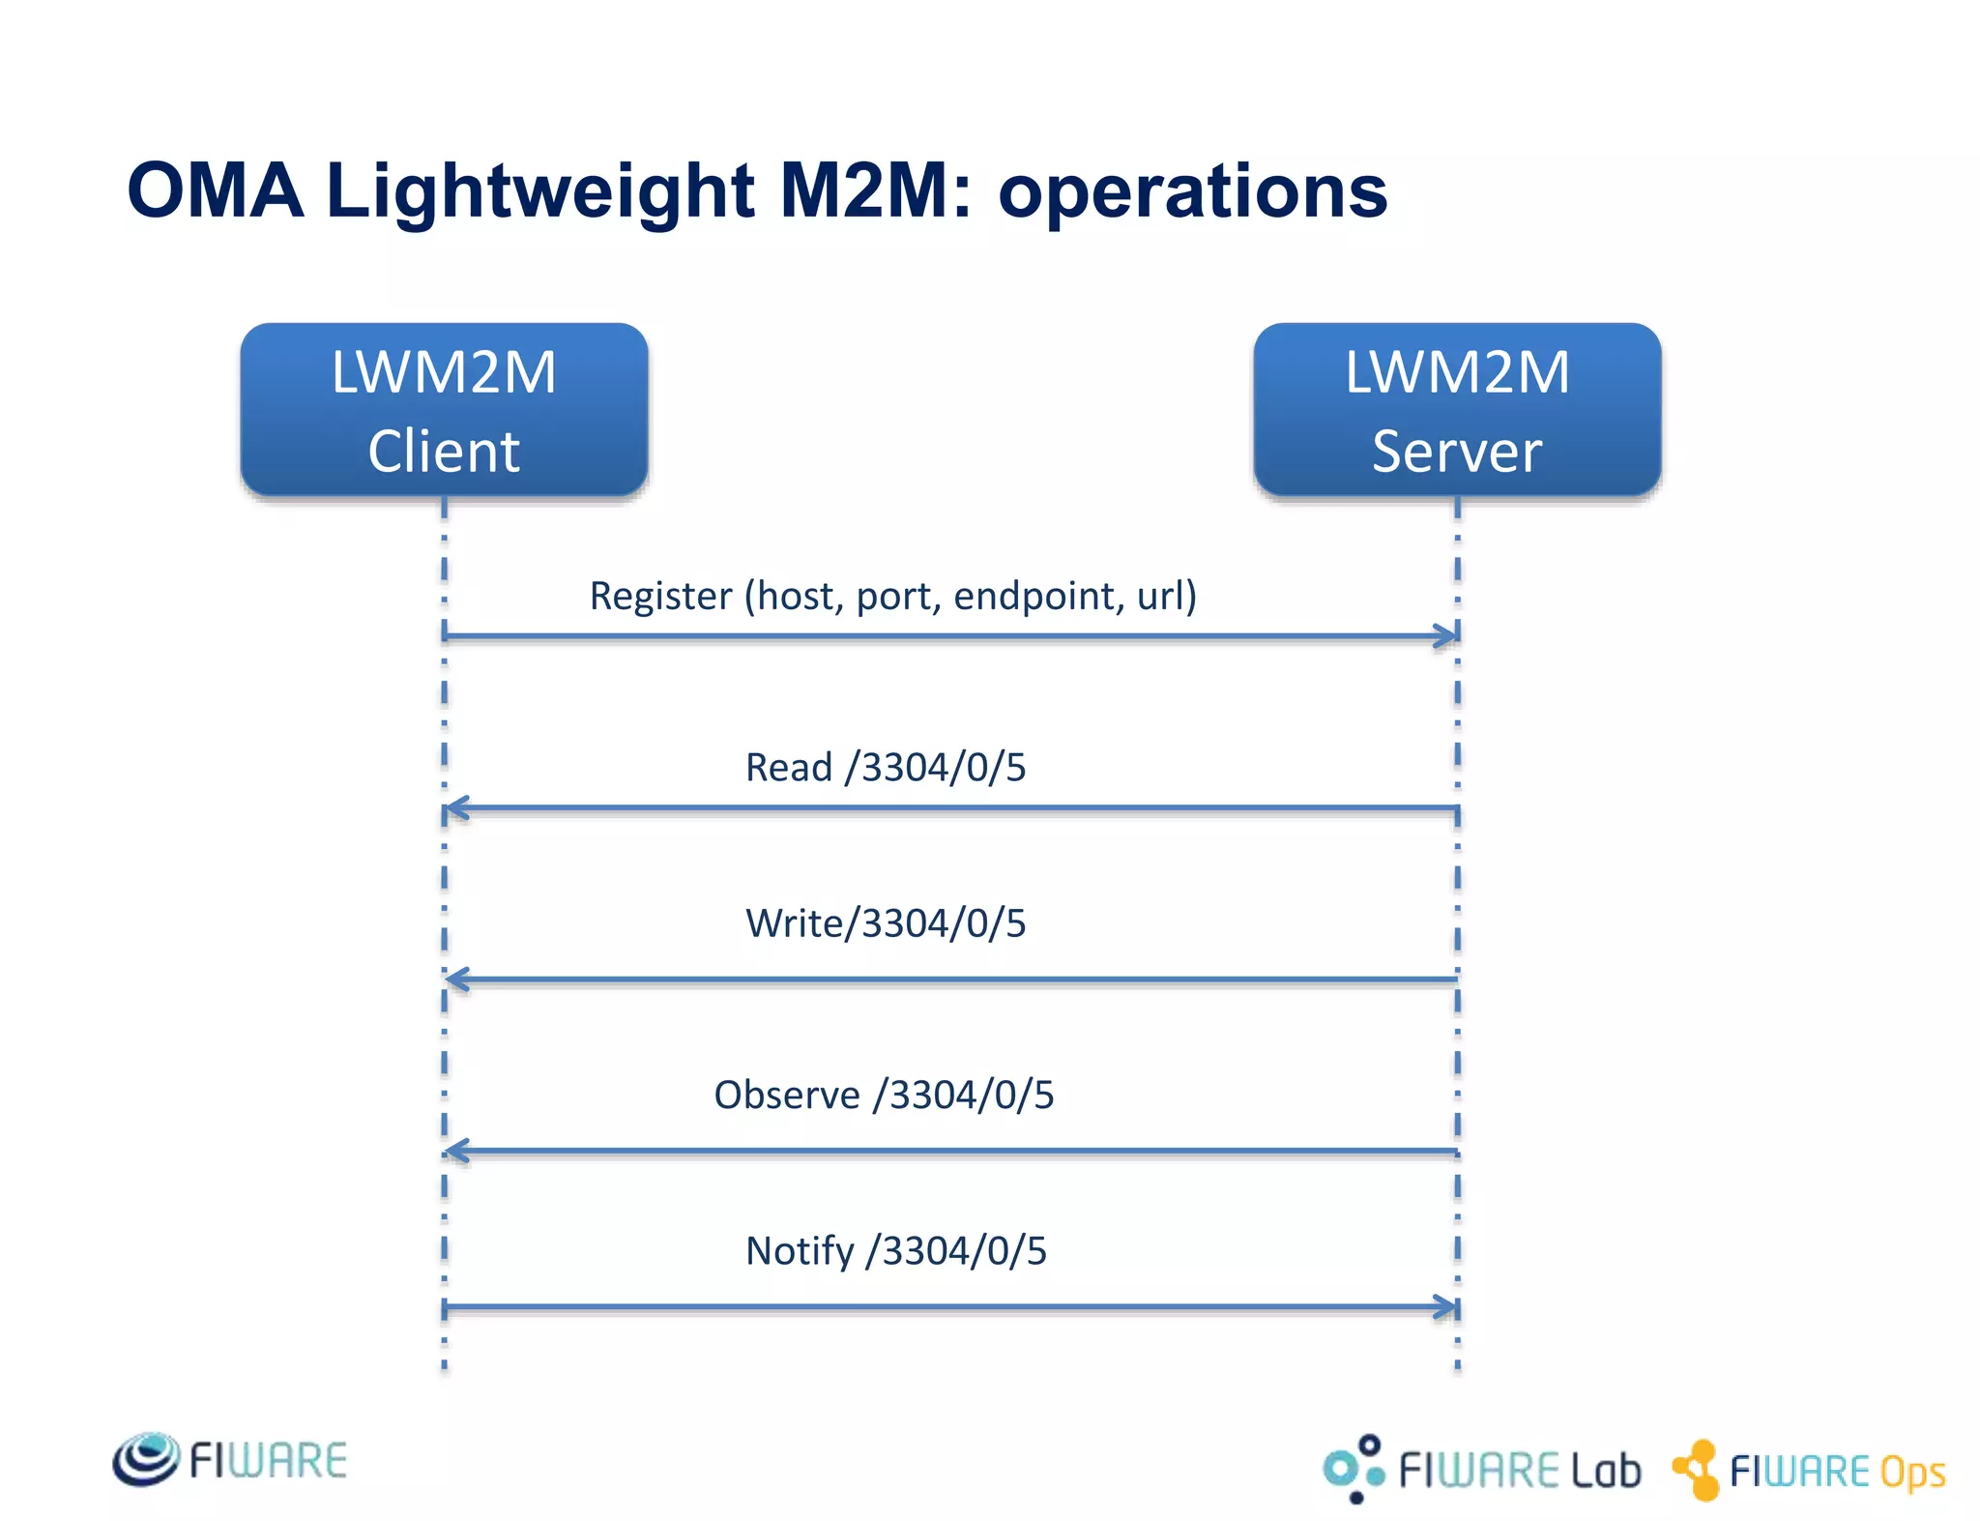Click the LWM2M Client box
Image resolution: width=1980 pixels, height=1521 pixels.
pyautogui.click(x=444, y=409)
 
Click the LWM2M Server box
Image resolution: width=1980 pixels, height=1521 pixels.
pyautogui.click(x=1457, y=409)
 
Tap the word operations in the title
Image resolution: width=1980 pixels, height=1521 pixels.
pyautogui.click(x=1192, y=191)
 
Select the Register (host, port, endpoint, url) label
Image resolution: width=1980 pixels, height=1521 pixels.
pyautogui.click(x=892, y=596)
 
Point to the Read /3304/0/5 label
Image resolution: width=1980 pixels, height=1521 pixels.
pyautogui.click(x=885, y=767)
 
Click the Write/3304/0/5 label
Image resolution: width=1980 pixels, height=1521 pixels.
pyautogui.click(x=885, y=922)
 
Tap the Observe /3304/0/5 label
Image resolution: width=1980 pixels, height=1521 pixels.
pyautogui.click(x=884, y=1095)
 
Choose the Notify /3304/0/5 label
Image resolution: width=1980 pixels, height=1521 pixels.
pyautogui.click(x=895, y=1250)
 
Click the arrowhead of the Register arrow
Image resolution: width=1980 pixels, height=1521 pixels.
pyautogui.click(x=1446, y=635)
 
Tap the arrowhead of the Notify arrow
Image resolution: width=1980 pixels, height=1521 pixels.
pyautogui.click(x=1446, y=1307)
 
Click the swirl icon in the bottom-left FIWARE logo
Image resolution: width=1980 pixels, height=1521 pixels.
pyautogui.click(x=146, y=1459)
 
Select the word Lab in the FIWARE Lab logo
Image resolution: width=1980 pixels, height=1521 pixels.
pyautogui.click(x=1605, y=1471)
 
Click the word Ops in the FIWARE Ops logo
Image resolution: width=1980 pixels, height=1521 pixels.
pyautogui.click(x=1912, y=1473)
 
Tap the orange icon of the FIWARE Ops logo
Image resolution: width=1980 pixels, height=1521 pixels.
pyautogui.click(x=1697, y=1470)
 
